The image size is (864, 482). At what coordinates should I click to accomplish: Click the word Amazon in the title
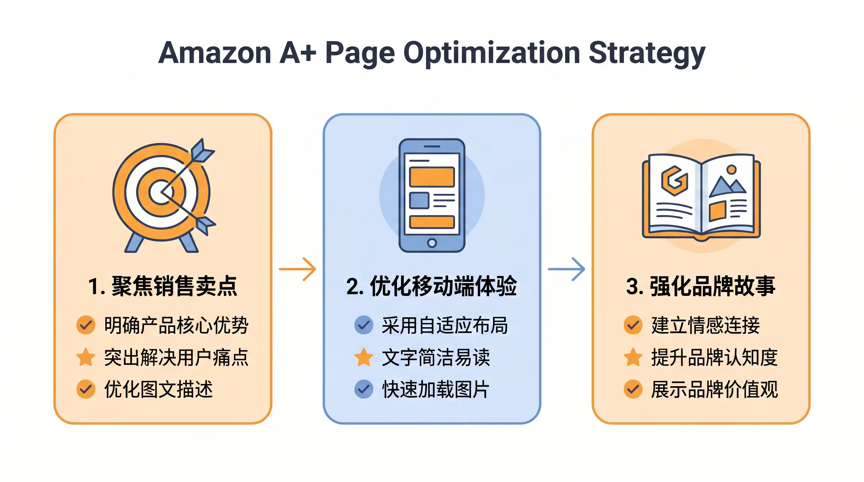215,53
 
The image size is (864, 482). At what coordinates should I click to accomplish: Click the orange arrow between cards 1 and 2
298,269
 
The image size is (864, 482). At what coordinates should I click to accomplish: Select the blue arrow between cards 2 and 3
566,269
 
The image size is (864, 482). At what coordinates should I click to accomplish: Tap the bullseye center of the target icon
161,192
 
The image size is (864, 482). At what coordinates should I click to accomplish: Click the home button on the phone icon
432,243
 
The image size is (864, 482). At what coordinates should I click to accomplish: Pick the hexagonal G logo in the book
674,181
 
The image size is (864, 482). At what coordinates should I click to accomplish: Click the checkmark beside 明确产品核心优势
85,325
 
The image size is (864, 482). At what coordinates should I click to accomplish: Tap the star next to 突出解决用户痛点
85,357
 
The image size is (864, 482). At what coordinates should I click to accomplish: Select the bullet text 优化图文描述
158,389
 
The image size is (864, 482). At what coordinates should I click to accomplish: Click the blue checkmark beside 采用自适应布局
364,325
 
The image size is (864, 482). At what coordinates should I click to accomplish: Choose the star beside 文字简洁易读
364,357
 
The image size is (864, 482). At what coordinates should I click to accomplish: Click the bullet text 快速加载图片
436,389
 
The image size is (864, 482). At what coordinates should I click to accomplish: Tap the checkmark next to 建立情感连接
633,325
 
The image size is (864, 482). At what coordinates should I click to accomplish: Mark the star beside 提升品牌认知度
633,357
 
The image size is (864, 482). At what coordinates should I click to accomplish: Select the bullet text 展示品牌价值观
715,389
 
